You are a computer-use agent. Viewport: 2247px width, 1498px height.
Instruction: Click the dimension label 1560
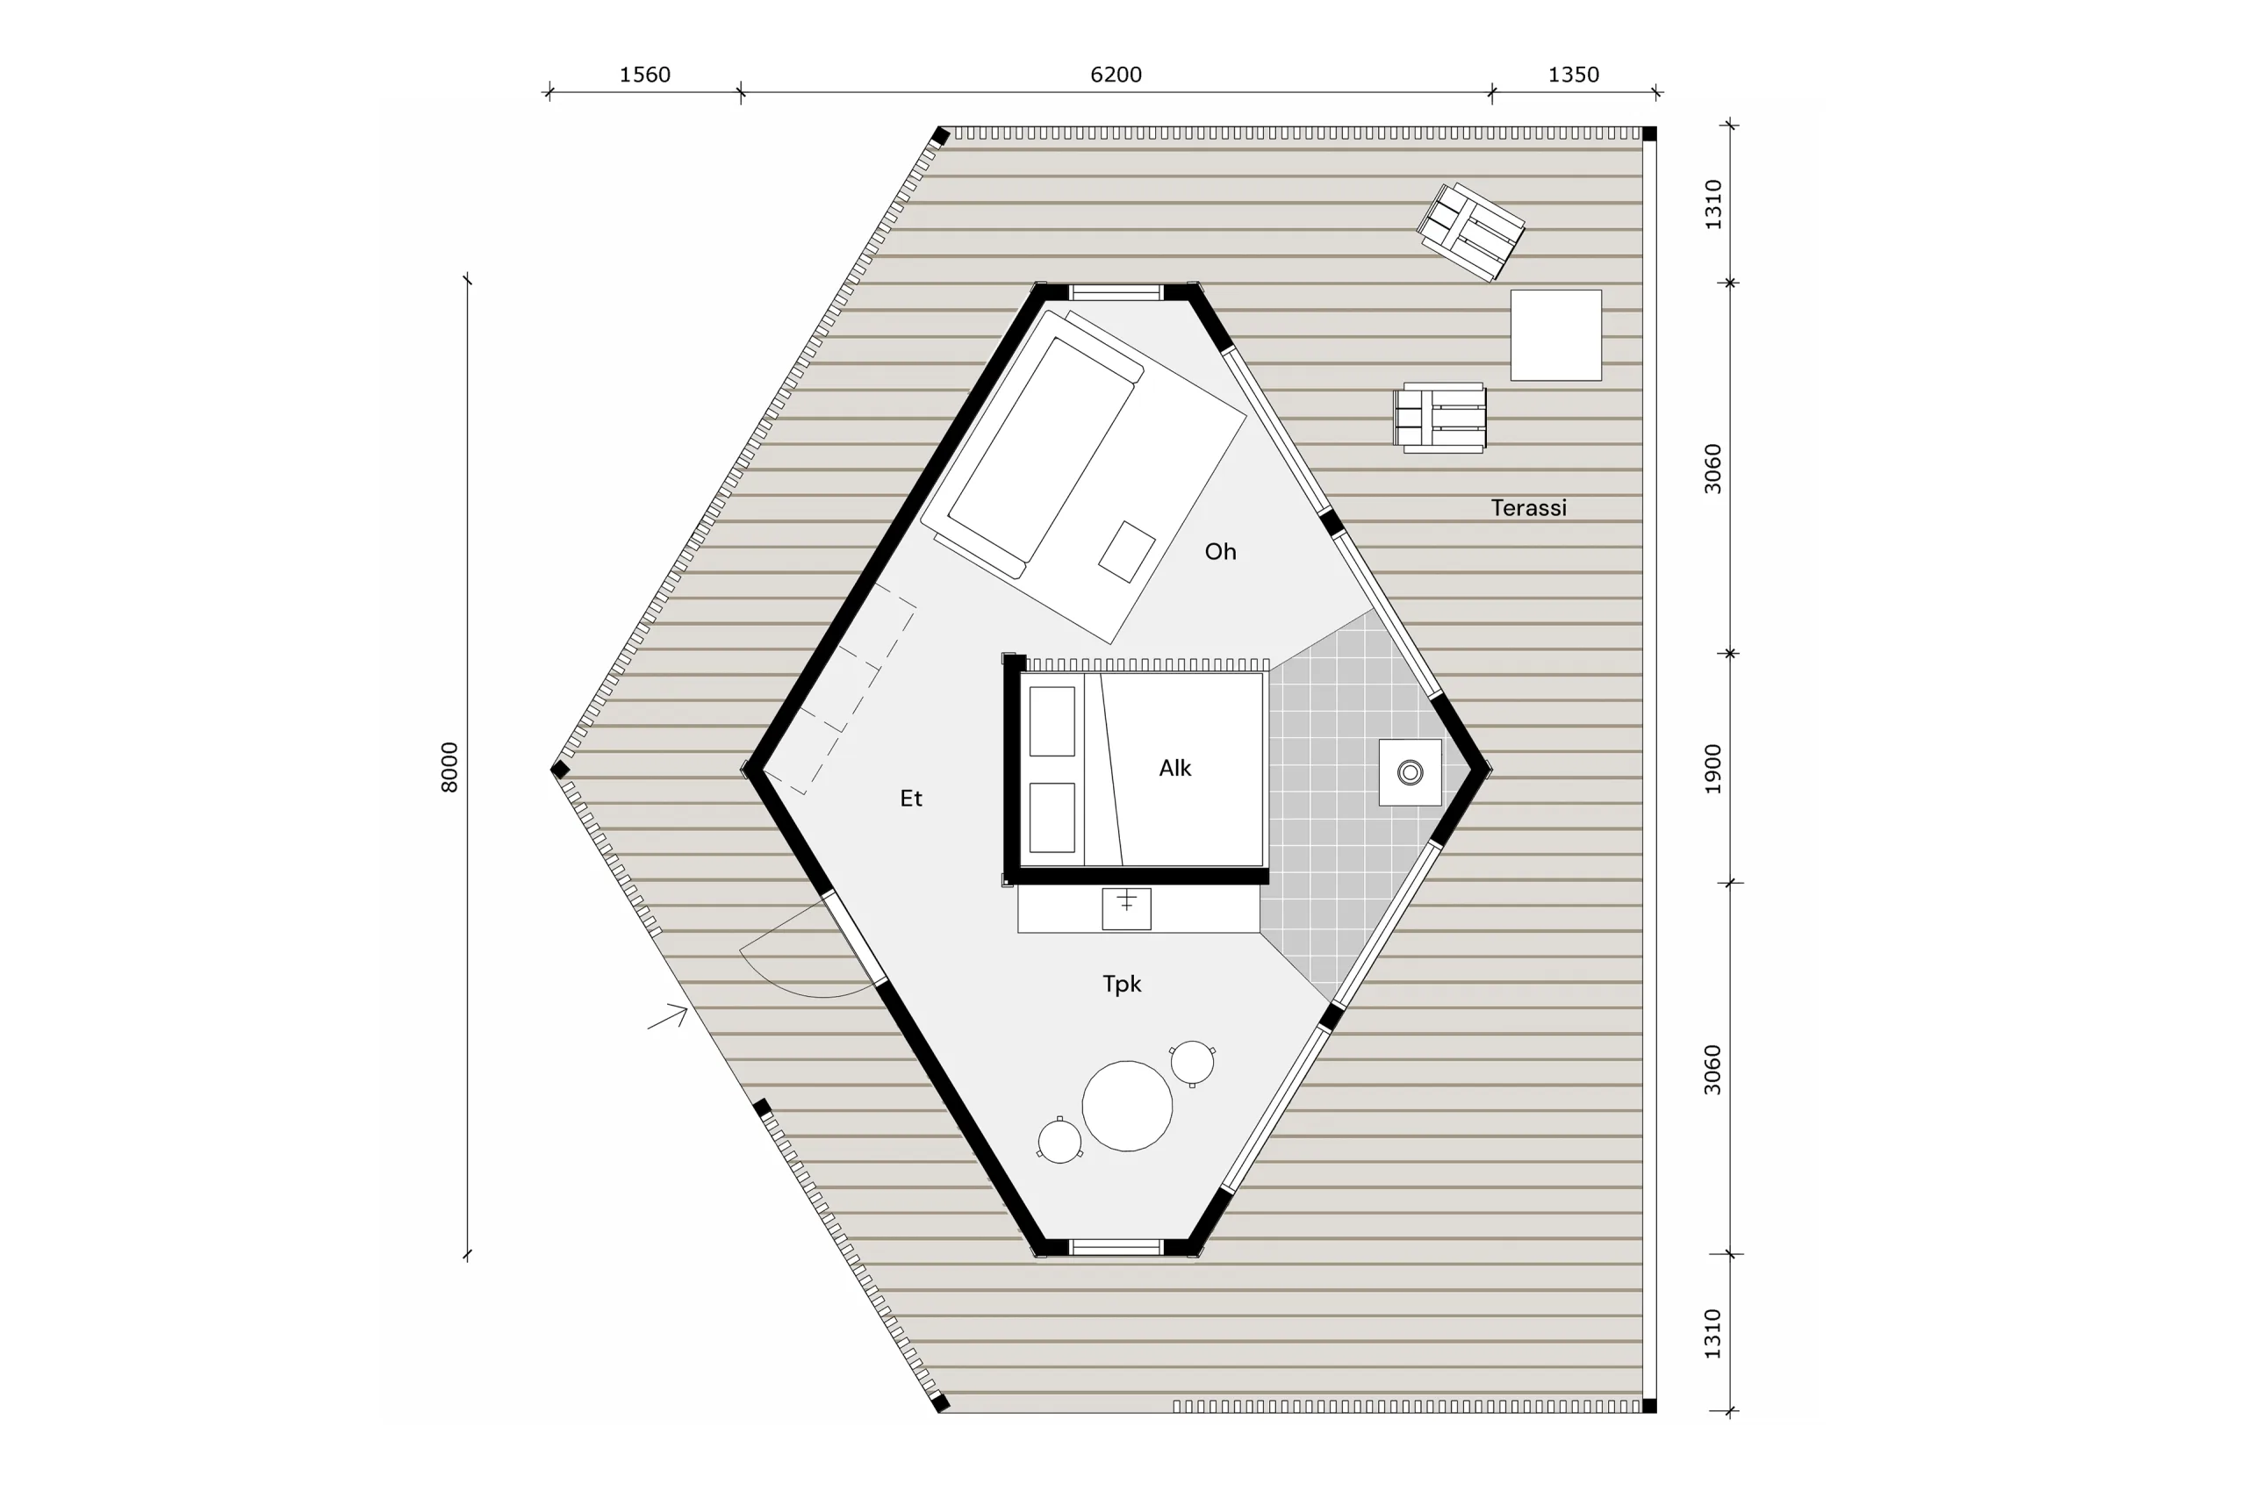coord(645,75)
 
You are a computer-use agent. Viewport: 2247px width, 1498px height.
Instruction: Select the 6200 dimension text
coord(1116,75)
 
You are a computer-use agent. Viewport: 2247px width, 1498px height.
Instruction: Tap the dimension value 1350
coord(1574,75)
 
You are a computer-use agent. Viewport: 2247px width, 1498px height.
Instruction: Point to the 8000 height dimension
coord(449,767)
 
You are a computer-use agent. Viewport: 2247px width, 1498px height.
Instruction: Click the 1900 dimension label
coord(1713,768)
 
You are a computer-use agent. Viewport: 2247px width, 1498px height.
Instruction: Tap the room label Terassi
coord(1528,508)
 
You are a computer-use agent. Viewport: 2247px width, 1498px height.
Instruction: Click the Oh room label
coord(1220,551)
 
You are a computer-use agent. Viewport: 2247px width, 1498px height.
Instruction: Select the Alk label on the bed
coord(1175,768)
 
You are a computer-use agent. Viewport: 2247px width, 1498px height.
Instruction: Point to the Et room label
coord(910,799)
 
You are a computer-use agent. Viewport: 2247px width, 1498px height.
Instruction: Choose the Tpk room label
coord(1122,984)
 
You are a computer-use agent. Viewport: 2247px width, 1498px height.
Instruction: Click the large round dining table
coord(1127,1106)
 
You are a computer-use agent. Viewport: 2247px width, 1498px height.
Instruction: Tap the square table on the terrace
coord(1555,335)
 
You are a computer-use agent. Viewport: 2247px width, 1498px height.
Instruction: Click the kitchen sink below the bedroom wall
coord(1126,908)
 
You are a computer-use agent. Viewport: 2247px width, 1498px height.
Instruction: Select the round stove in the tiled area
coord(1411,772)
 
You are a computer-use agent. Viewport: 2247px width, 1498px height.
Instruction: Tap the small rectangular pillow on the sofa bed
coord(1126,552)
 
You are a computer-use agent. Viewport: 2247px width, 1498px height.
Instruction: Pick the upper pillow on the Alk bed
coord(1052,721)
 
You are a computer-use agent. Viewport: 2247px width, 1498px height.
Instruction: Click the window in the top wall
coord(1116,292)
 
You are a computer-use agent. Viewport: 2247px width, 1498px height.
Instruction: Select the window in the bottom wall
coord(1116,1247)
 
